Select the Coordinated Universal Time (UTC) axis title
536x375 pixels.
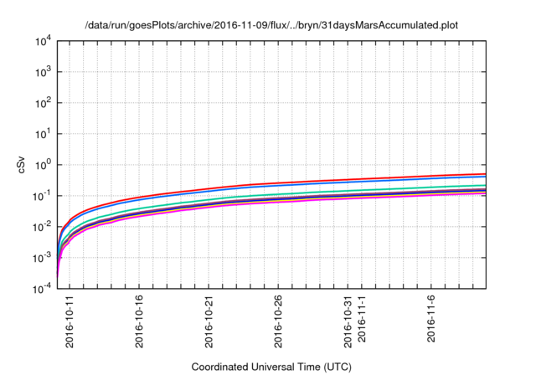pyautogui.click(x=271, y=367)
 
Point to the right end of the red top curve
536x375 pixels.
pyautogui.click(x=486, y=174)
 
